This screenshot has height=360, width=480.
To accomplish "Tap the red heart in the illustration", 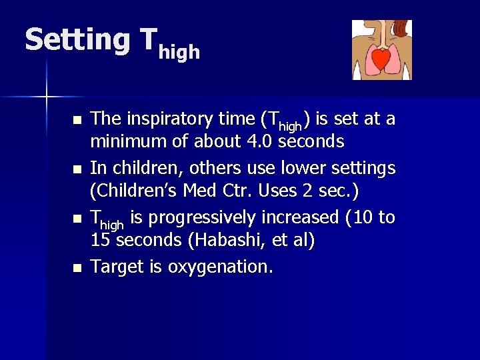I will [381, 60].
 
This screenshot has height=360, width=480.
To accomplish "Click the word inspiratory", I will [162, 120].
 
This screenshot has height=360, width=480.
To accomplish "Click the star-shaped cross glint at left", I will [46, 97].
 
